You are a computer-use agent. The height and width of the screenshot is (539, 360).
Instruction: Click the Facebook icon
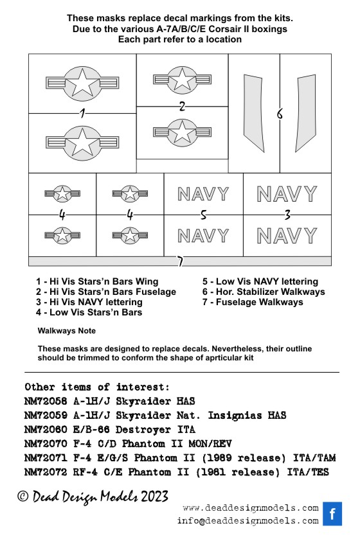pos(332,513)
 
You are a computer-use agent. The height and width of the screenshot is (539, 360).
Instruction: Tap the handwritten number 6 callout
pos(280,114)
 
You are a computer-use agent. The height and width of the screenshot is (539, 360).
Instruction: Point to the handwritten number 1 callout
pos(82,113)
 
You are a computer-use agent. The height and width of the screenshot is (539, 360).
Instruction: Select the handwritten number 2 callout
pos(182,106)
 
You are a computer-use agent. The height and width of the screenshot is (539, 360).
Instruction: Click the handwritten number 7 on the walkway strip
pos(180,261)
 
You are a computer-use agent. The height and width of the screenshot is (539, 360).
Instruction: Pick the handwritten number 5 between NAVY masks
pos(204,215)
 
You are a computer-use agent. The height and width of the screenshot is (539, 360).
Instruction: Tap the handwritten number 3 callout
pos(287,215)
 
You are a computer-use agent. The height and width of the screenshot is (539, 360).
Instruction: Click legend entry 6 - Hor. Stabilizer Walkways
pos(264,292)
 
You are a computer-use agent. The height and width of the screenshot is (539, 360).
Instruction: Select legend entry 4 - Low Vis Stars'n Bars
pos(89,312)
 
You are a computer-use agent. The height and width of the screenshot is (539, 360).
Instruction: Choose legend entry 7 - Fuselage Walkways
pos(253,302)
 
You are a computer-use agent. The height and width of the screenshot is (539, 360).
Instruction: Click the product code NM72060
pos(46,430)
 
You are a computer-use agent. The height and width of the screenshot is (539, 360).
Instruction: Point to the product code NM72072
pos(46,472)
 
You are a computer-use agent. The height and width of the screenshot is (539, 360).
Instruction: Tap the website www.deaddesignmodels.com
pos(251,508)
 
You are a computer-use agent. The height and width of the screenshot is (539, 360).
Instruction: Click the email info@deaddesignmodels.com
pos(248,521)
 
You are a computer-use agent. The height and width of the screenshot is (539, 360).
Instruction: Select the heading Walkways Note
pos(67,331)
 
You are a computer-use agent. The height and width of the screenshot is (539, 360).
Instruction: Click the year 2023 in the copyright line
pos(155,497)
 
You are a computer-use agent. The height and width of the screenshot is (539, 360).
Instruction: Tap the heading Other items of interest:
pos(97,387)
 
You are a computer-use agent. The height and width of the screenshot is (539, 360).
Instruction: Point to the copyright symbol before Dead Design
pos(23,497)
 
